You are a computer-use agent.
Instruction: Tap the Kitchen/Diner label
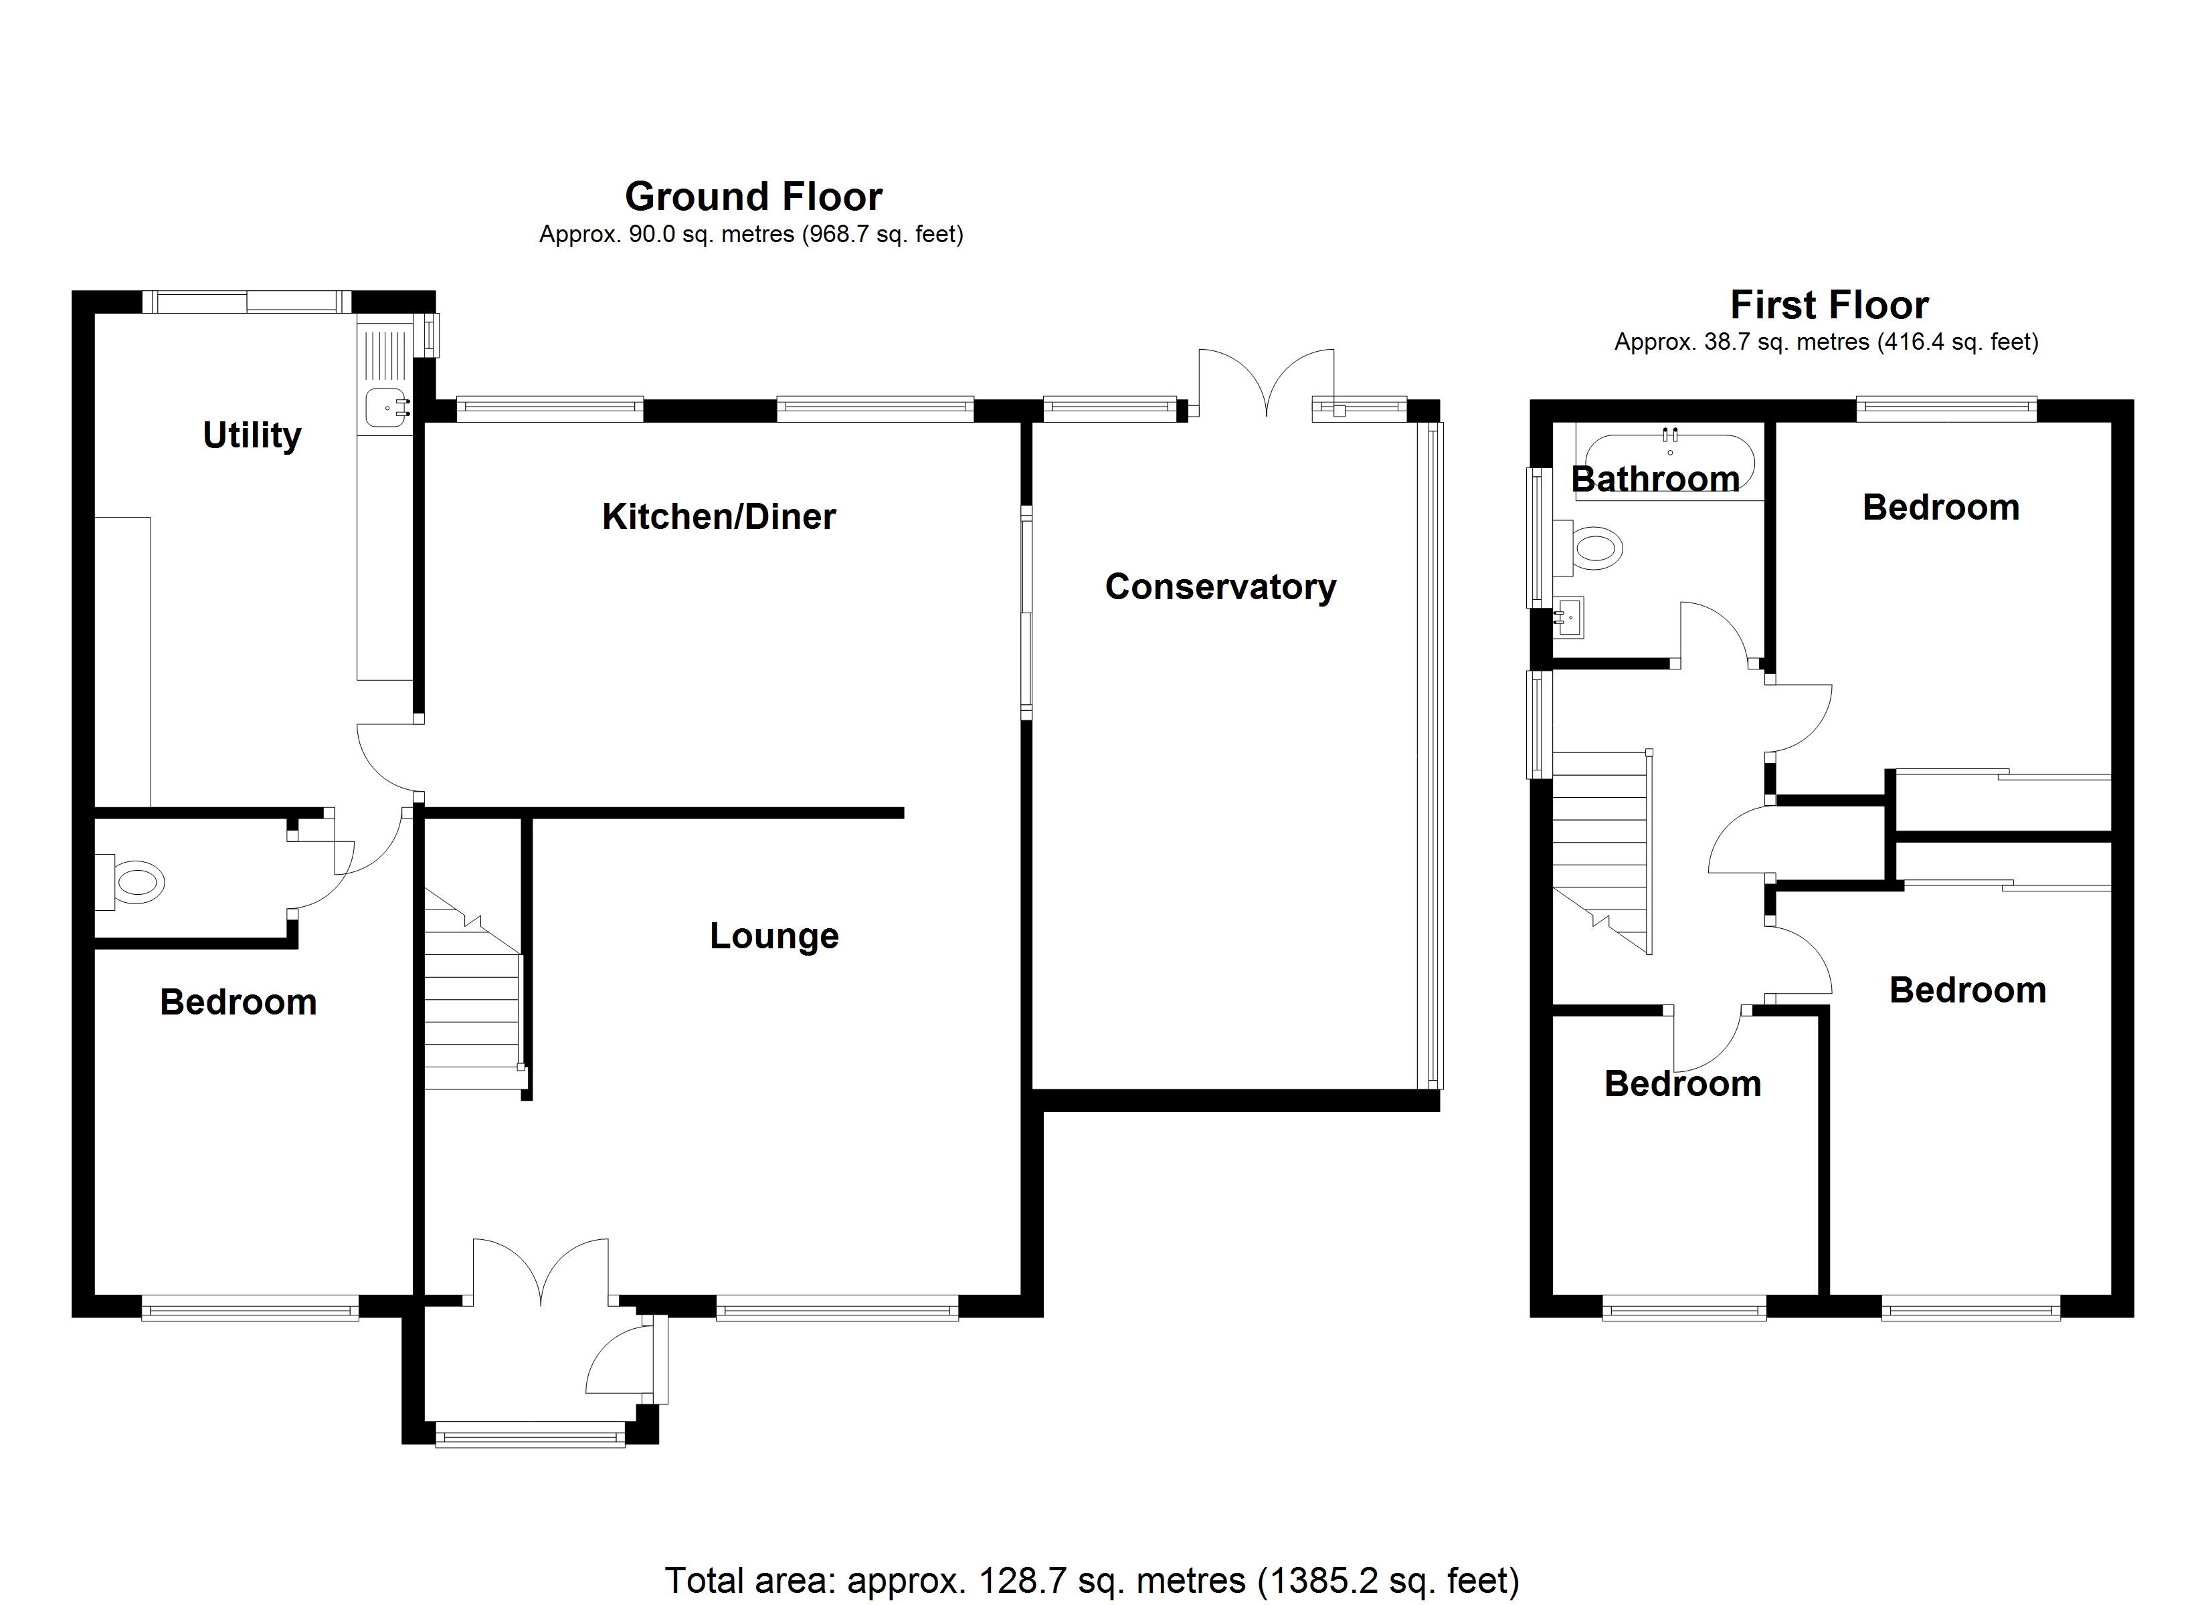click(x=719, y=517)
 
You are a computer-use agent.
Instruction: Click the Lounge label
click(x=774, y=936)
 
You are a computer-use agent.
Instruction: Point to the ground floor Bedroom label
click(x=238, y=1002)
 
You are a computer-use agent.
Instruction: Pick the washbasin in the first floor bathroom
click(x=1570, y=617)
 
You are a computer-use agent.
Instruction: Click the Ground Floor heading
click(x=753, y=197)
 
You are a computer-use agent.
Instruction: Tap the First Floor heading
click(x=1829, y=306)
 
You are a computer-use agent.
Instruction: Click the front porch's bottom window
click(x=530, y=1434)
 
